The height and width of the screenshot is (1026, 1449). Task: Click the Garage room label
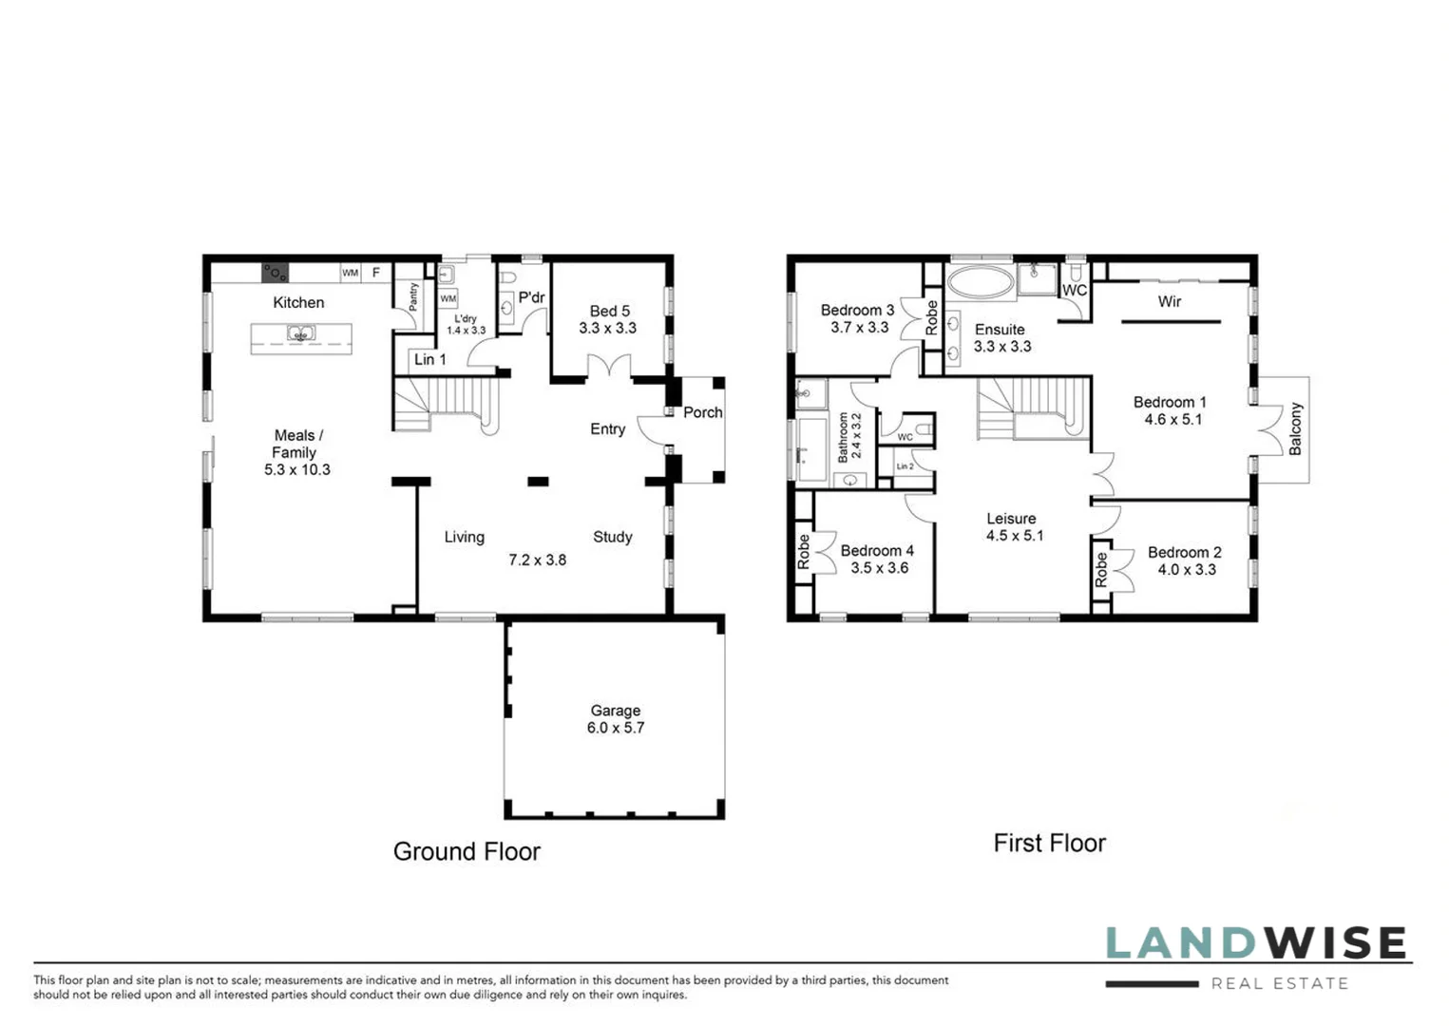click(x=615, y=711)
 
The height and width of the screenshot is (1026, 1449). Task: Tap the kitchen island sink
click(x=301, y=334)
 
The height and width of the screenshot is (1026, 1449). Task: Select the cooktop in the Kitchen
click(x=275, y=273)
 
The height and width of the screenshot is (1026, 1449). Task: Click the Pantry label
click(x=413, y=296)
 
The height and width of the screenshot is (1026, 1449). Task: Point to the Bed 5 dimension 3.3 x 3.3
click(x=607, y=329)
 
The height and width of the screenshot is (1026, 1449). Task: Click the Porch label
click(x=702, y=412)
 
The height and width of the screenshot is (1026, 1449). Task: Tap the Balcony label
click(x=1295, y=429)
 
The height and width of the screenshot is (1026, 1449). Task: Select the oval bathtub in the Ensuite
click(x=981, y=281)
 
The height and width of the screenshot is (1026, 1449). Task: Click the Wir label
click(x=1169, y=301)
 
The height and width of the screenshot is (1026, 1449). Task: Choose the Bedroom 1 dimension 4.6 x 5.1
click(x=1173, y=419)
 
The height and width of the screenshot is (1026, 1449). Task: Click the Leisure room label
click(x=1010, y=519)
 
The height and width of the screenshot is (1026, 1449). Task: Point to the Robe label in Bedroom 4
click(x=804, y=552)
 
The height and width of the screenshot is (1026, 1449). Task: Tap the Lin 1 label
click(x=429, y=359)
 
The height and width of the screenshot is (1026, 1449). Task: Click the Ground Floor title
click(x=467, y=851)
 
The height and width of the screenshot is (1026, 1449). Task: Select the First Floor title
click(x=1049, y=843)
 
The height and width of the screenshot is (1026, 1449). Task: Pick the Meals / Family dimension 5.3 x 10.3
click(x=296, y=470)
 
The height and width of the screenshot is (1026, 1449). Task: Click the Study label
click(x=612, y=537)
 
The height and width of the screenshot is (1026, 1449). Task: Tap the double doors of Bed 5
click(x=608, y=367)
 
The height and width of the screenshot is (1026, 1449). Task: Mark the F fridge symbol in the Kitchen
click(x=376, y=273)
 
